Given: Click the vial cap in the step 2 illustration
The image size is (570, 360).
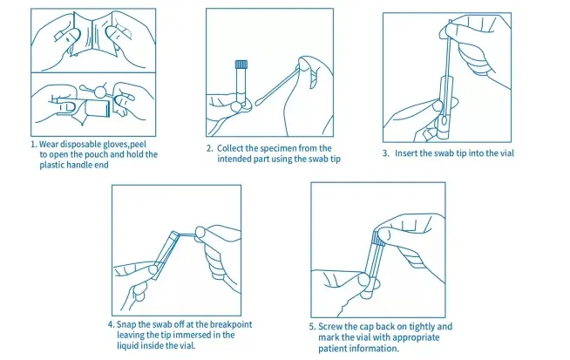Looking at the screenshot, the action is pos(241,65).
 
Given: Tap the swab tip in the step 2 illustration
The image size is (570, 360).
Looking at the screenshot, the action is pos(260,102).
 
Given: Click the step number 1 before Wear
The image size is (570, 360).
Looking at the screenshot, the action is pos(33,145).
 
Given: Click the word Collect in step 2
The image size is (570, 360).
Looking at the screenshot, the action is pos(230,148).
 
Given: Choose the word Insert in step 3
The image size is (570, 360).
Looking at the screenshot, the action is pos(406,153).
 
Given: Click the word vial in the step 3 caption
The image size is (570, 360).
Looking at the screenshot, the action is pos(507,153).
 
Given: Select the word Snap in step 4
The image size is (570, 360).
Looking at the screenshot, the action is pos(126,324).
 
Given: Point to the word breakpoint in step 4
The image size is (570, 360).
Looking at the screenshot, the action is pos(231,324).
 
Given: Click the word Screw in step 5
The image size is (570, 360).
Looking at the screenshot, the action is pos(330,327).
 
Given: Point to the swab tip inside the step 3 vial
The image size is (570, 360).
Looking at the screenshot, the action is pos(445,120).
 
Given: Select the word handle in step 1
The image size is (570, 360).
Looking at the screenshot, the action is pos(77,165).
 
